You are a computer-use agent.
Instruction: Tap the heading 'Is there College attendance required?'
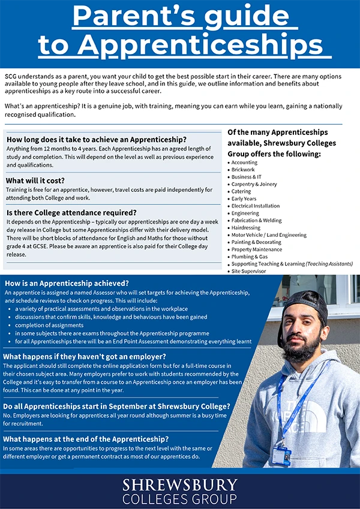71,212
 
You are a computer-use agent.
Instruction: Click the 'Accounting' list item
244,162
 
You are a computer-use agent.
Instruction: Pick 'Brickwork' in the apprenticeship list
243,170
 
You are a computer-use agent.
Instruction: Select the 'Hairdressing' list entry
246,228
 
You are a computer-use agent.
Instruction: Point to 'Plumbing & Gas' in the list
250,257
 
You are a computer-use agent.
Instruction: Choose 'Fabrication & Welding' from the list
256,221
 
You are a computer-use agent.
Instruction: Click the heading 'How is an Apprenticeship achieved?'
67,283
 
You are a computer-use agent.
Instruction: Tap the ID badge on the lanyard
281,456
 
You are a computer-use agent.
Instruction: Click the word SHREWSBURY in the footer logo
180,484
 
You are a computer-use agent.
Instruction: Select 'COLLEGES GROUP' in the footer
180,498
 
